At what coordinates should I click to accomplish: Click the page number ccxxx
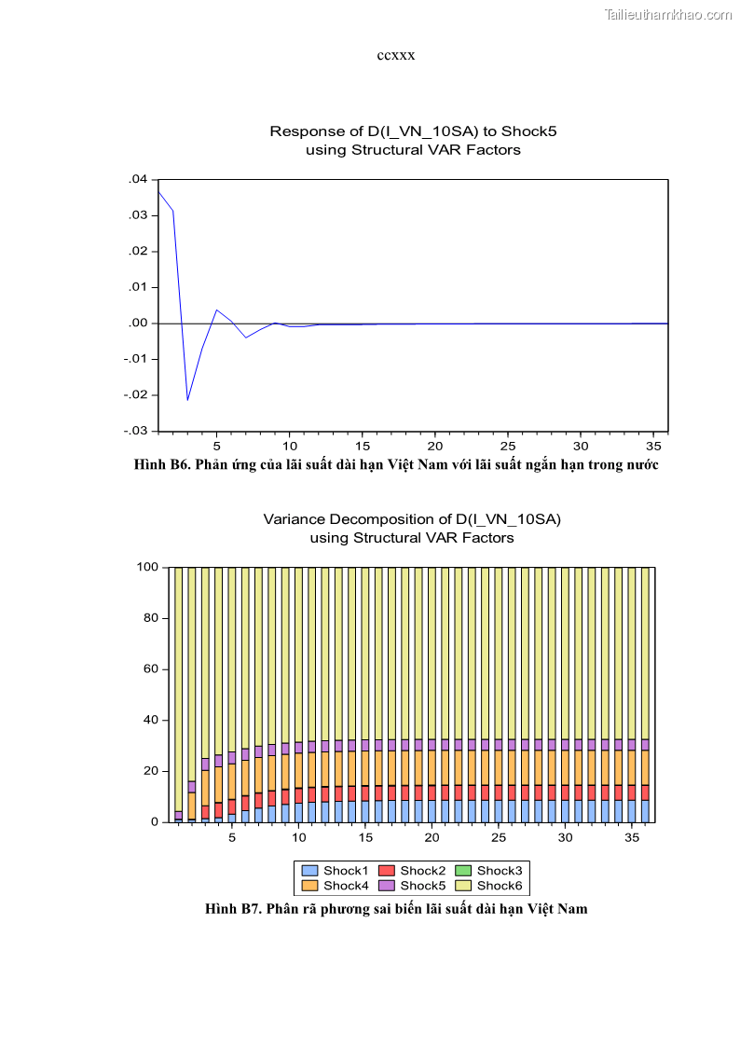395,55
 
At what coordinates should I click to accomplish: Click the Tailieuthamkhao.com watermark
668,14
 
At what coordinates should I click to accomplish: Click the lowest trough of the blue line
187,400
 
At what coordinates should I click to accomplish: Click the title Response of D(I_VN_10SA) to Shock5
413,131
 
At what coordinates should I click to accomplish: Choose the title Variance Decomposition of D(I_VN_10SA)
412,519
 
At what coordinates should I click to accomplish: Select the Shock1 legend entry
338,871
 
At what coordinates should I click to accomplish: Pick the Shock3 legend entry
491,871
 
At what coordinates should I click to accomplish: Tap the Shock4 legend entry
338,886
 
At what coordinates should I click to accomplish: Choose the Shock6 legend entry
491,886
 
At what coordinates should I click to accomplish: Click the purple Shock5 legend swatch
386,886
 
